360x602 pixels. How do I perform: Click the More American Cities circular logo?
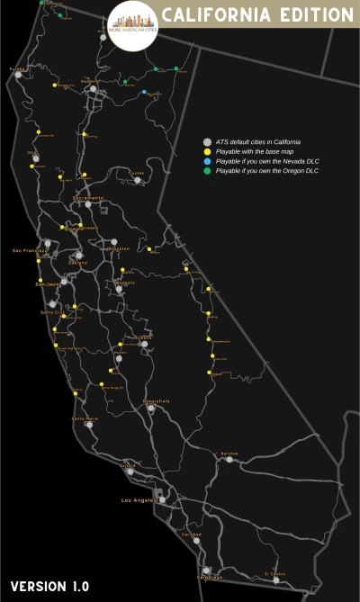pyautogui.click(x=133, y=24)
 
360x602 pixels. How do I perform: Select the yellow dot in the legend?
pyautogui.click(x=207, y=151)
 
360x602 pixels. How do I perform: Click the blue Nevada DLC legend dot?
pyautogui.click(x=207, y=161)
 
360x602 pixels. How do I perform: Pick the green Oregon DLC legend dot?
pyautogui.click(x=207, y=171)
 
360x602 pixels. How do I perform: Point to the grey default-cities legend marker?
pyautogui.click(x=207, y=142)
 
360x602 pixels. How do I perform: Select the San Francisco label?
pyautogui.click(x=28, y=250)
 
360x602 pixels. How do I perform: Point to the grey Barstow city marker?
pyautogui.click(x=229, y=459)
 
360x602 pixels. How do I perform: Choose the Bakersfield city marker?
pyautogui.click(x=151, y=408)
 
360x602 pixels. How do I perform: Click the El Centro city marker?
pyautogui.click(x=276, y=580)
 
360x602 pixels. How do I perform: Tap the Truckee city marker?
pyautogui.click(x=137, y=180)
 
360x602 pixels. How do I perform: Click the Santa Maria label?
pyautogui.click(x=85, y=418)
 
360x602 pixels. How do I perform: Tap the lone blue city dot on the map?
pyautogui.click(x=144, y=92)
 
